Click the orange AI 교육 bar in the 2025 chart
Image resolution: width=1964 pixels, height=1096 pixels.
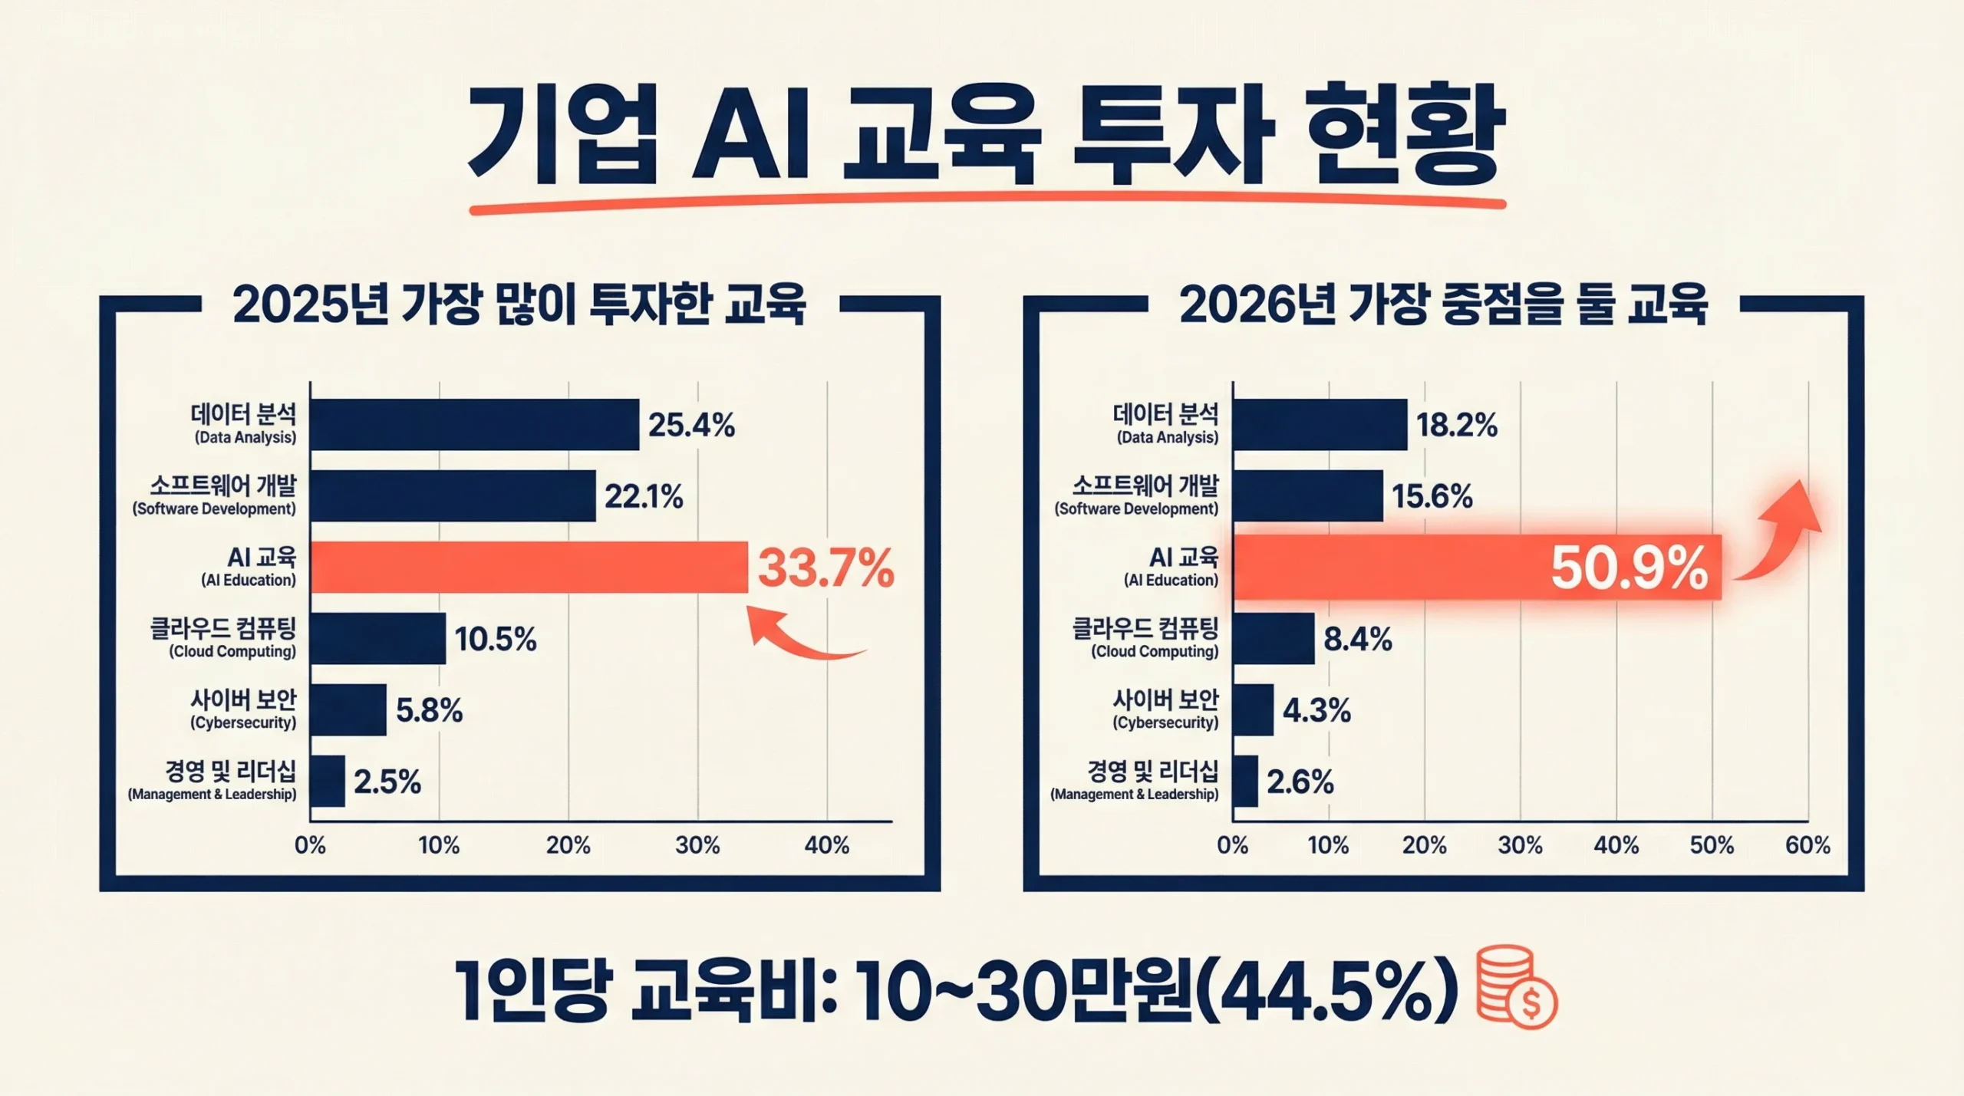(x=529, y=568)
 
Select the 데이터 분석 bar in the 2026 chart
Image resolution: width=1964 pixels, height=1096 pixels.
(x=1320, y=424)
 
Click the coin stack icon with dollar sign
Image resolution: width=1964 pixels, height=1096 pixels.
(x=1516, y=986)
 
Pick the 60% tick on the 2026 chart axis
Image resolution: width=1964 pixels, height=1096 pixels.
(x=1807, y=845)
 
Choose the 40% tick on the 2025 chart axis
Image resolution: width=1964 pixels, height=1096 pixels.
(x=826, y=845)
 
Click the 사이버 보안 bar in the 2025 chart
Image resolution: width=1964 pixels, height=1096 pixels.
(x=348, y=709)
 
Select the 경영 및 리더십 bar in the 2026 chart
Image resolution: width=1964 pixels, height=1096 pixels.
(x=1246, y=782)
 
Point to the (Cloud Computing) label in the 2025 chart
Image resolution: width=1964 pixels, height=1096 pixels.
(x=232, y=652)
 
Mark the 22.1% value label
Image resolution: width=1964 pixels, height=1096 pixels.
(x=644, y=497)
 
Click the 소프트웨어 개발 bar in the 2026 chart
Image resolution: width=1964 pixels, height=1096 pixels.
(x=1307, y=496)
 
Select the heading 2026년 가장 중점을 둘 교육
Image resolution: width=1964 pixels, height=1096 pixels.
(x=1443, y=305)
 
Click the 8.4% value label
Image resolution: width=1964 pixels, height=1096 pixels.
(x=1357, y=639)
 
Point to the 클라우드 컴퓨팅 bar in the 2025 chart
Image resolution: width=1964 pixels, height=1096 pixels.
(x=377, y=638)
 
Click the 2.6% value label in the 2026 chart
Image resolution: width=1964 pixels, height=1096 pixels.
(x=1300, y=782)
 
